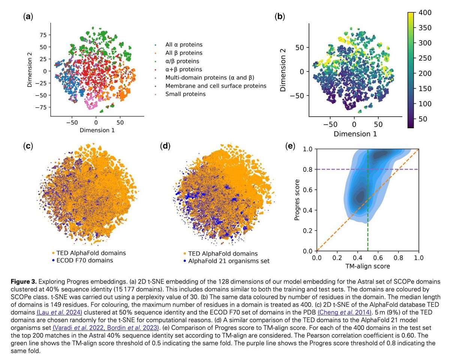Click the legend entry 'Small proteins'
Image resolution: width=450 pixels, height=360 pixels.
point(185,94)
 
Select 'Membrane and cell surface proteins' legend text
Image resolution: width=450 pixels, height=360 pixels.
point(216,86)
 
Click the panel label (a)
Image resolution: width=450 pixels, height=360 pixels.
point(27,17)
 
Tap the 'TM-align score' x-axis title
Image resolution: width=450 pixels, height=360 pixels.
point(367,266)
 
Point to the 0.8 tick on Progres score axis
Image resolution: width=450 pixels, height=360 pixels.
point(309,169)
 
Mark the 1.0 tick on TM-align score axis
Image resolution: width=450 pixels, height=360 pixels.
point(418,258)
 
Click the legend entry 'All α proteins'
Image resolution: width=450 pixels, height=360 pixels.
point(184,45)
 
